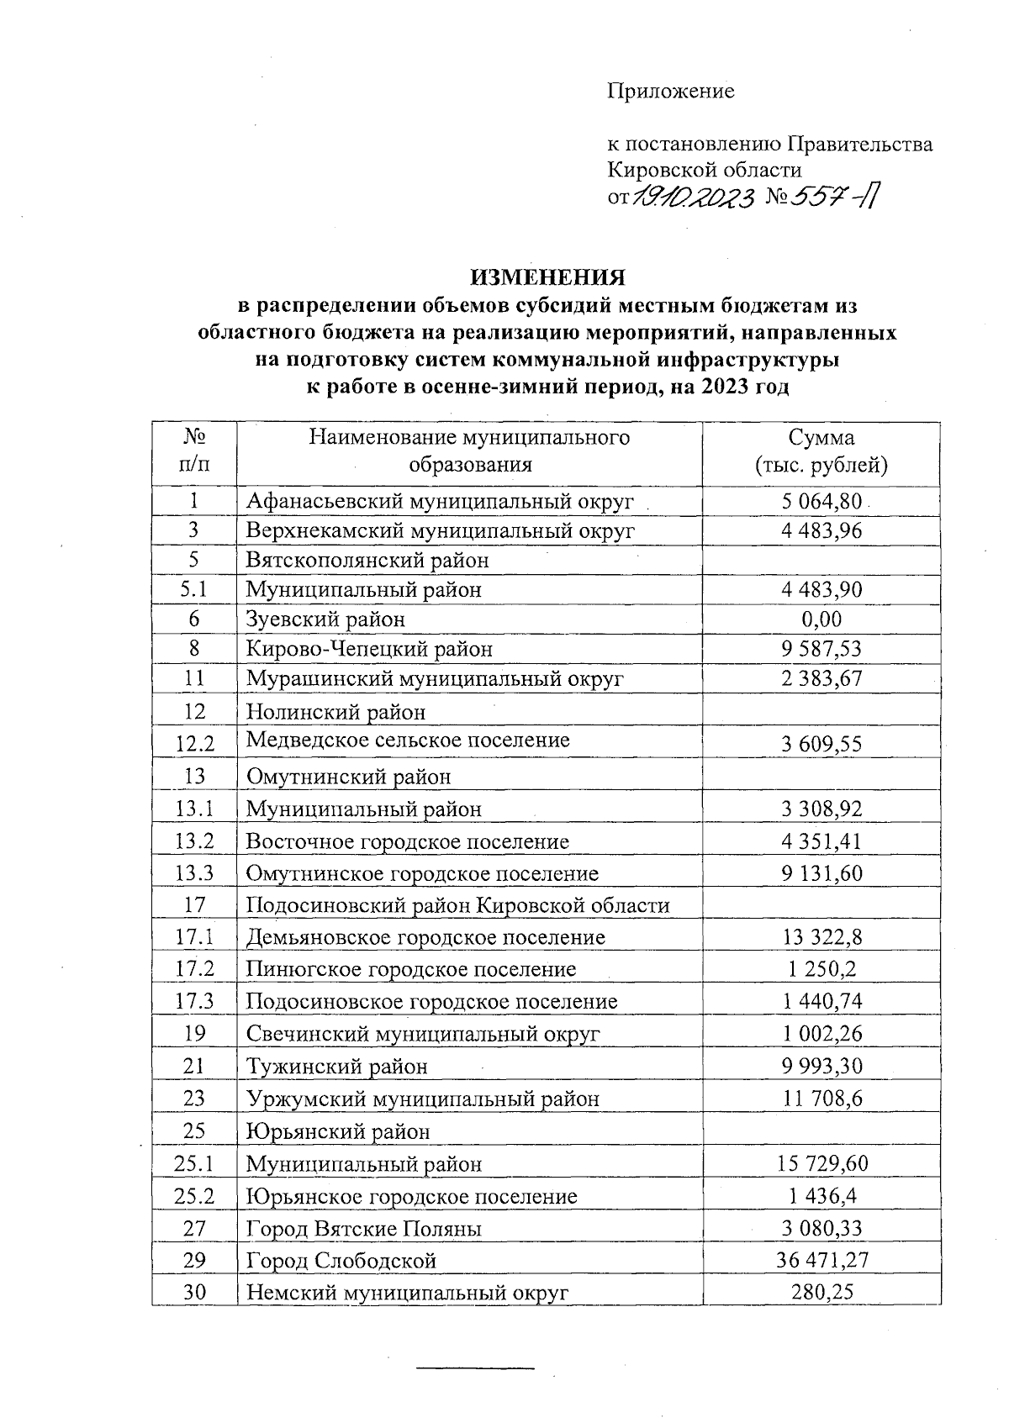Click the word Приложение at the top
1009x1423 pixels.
pos(671,91)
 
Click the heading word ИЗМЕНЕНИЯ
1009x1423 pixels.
pos(547,277)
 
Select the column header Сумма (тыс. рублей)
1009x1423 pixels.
pos(821,451)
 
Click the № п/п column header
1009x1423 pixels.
pos(194,451)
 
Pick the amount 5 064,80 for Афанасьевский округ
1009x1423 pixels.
pos(821,502)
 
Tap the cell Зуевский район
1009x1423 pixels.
pos(325,619)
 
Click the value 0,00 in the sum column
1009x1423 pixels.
pos(821,619)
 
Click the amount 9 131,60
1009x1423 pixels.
pos(821,873)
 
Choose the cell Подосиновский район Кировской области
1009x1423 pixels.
pos(457,905)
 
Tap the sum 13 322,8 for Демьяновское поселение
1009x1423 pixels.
pos(821,937)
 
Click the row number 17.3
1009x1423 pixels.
pos(194,1001)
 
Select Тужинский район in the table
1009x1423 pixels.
pos(336,1067)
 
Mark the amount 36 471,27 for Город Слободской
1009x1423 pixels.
pos(821,1260)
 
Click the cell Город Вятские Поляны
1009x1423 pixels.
pos(363,1229)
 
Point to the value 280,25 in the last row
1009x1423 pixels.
pos(821,1292)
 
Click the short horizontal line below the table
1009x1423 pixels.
pos(476,1369)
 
